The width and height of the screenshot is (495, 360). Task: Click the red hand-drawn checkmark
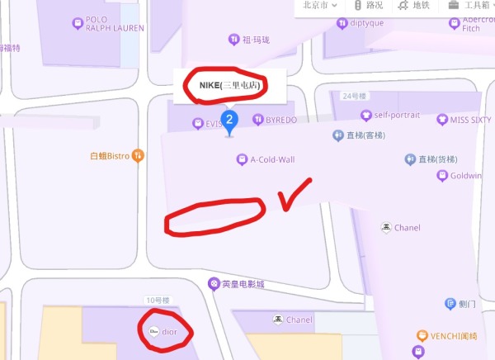click(x=292, y=195)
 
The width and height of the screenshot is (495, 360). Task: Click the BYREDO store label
click(x=280, y=121)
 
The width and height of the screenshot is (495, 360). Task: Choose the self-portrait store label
click(x=397, y=115)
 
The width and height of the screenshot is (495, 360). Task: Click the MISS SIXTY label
click(x=469, y=120)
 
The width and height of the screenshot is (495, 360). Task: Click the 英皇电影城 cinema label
click(x=243, y=284)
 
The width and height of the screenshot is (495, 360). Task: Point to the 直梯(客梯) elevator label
click(x=364, y=135)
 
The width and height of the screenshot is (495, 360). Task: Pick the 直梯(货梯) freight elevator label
click(x=436, y=159)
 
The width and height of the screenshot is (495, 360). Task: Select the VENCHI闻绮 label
click(x=453, y=336)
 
